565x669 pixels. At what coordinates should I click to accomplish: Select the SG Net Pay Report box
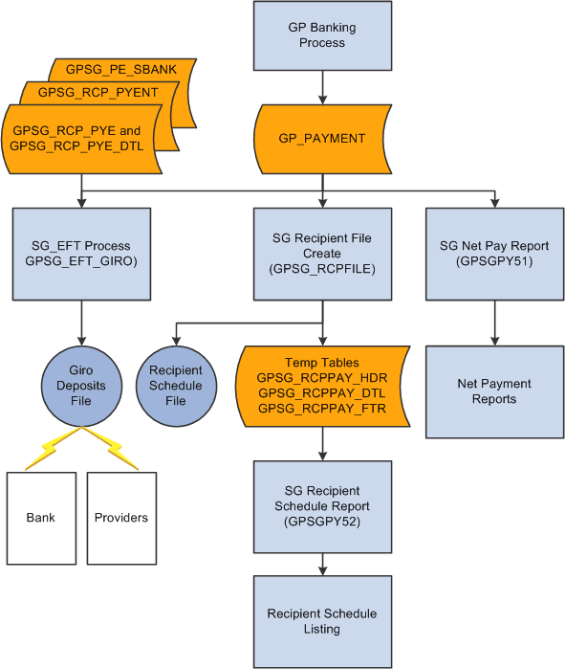tap(494, 254)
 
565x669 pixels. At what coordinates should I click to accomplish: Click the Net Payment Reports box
tap(494, 390)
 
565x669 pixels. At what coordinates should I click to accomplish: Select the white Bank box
tap(40, 517)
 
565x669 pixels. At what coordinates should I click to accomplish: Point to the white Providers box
tap(121, 517)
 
